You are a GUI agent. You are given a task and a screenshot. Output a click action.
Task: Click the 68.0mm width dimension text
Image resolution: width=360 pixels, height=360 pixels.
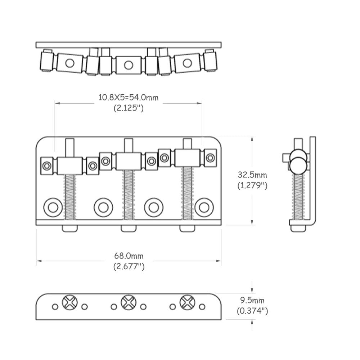click(129, 256)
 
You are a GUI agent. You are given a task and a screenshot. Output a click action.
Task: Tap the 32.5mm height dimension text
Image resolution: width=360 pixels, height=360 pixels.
click(252, 175)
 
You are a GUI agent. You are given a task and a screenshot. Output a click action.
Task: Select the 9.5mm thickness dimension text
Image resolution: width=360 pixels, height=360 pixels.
click(252, 300)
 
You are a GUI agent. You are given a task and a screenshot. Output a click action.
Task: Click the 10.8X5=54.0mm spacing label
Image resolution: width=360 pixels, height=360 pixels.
click(129, 97)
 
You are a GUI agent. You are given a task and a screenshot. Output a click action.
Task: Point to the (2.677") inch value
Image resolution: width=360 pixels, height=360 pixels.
click(129, 267)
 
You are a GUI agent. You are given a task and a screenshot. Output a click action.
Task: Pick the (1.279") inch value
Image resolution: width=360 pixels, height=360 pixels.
click(252, 186)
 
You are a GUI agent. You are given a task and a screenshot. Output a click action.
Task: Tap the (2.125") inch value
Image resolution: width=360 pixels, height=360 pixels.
click(129, 108)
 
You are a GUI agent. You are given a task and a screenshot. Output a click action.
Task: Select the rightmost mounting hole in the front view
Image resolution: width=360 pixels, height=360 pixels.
click(204, 207)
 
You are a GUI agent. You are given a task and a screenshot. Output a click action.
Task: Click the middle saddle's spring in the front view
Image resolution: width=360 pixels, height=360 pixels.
click(129, 194)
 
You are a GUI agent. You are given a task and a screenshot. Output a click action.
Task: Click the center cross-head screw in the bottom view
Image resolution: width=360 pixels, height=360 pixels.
click(128, 302)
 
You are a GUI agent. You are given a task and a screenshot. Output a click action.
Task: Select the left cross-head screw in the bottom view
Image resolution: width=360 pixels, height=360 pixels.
click(69, 302)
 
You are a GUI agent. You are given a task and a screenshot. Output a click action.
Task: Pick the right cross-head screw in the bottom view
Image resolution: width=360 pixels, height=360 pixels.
click(187, 302)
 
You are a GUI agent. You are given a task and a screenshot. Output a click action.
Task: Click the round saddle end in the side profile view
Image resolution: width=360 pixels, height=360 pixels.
click(299, 164)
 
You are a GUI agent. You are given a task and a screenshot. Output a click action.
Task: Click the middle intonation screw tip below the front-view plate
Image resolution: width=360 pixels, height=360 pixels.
click(129, 228)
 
